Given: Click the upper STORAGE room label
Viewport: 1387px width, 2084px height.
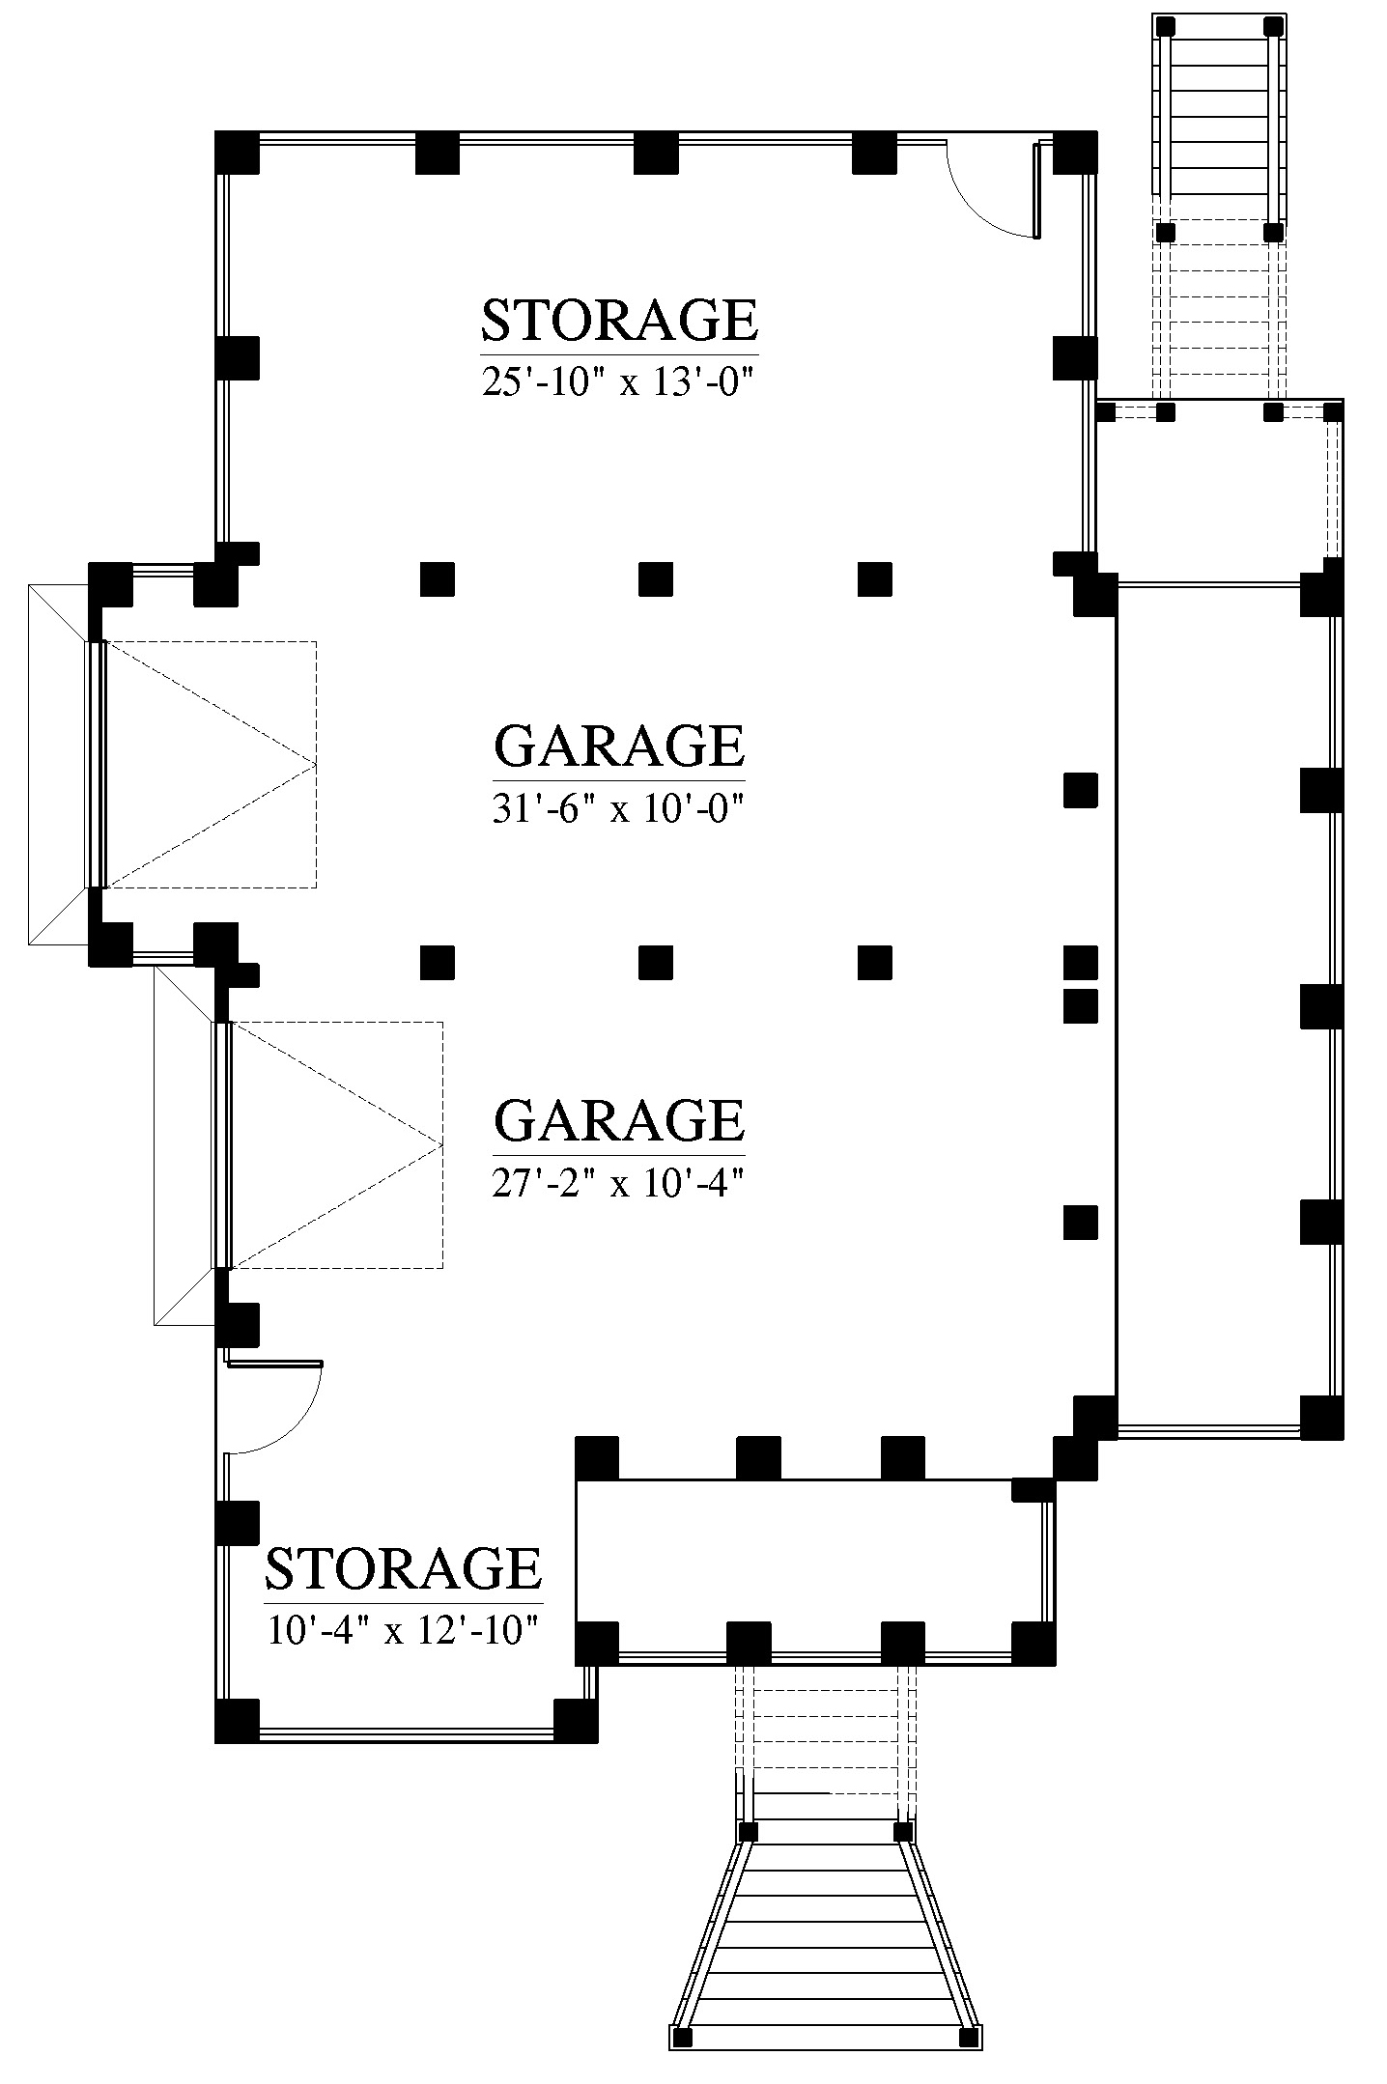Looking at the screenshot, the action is (x=619, y=321).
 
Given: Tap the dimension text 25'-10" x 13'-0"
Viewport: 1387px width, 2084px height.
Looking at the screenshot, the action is (x=617, y=382).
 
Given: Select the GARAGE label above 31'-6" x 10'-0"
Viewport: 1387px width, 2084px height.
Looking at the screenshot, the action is (x=619, y=746).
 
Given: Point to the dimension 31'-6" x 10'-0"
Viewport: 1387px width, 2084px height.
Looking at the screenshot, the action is (x=618, y=807).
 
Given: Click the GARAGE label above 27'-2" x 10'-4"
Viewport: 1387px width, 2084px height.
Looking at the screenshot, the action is (x=619, y=1120).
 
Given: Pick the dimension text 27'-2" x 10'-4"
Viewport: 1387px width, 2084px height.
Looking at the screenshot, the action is (x=618, y=1182).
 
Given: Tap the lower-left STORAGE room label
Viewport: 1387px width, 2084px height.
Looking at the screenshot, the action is (x=403, y=1568).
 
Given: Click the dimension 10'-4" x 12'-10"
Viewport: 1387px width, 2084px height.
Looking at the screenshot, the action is (x=402, y=1630).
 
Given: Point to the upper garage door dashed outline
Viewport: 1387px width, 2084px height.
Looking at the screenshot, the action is (x=210, y=764).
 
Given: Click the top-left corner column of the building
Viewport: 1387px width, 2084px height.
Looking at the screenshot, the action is (x=237, y=152).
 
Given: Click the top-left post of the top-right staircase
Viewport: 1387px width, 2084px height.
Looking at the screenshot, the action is (x=1166, y=25).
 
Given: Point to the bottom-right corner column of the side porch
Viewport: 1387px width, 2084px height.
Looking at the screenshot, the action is (x=1321, y=1418).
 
